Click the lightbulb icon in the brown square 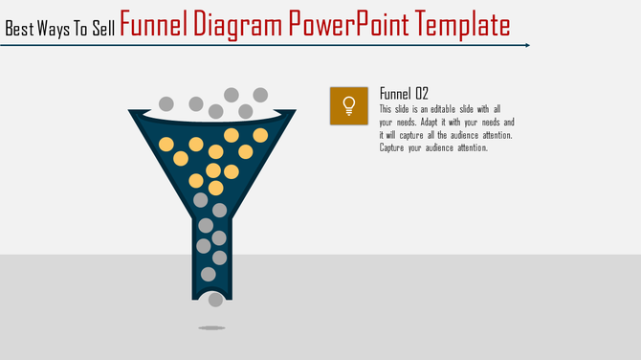[348, 105]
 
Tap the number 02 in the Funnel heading [420, 93]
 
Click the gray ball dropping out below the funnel [216, 300]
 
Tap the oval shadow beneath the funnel [211, 327]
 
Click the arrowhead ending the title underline [526, 45]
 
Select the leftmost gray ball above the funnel [166, 102]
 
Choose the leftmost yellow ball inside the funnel [166, 145]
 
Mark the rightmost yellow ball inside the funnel [259, 135]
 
